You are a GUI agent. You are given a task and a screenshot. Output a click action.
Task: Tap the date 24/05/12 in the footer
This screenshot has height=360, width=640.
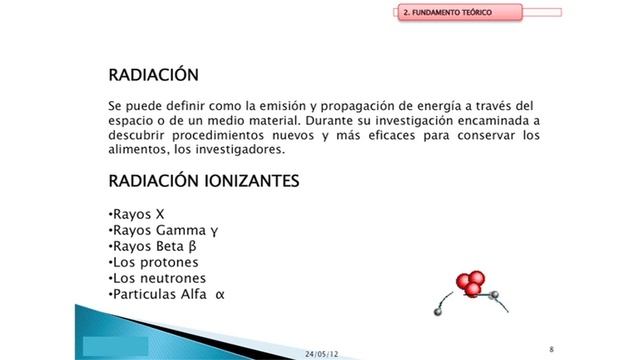tap(322, 352)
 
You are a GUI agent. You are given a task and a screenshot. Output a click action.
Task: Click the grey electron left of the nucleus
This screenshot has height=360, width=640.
tap(437, 312)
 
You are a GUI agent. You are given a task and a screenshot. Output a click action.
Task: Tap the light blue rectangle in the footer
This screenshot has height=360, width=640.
tap(115, 345)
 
